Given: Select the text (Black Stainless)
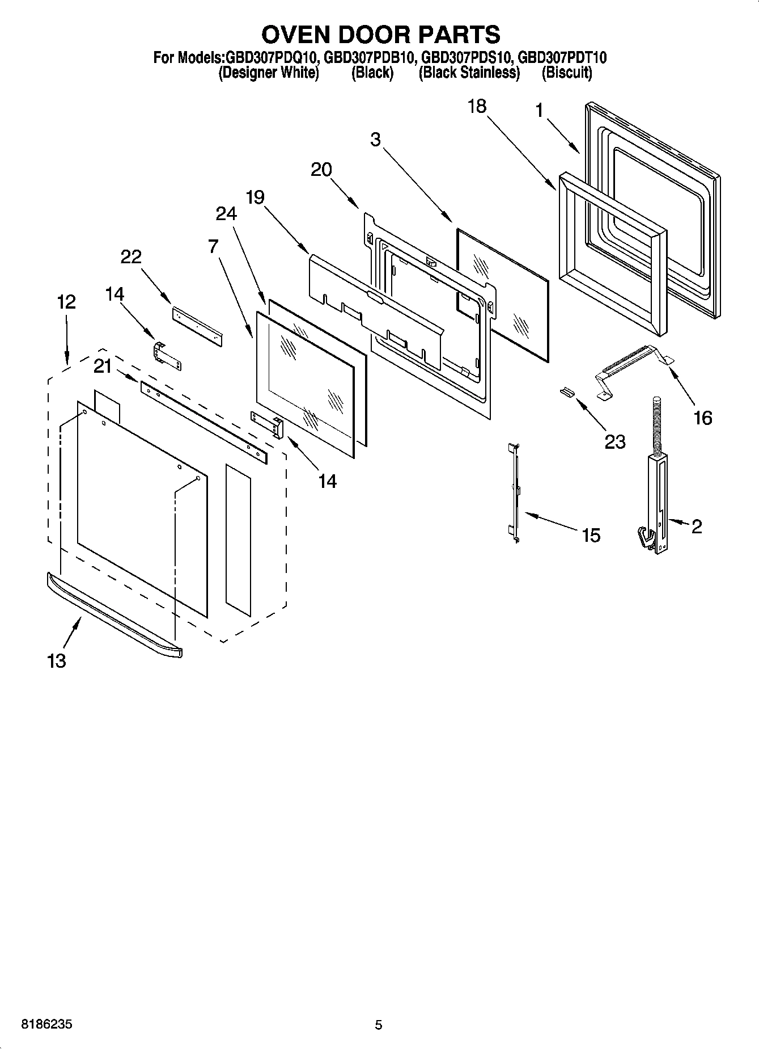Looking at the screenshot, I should (469, 73).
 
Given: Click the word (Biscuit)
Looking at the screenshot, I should (567, 73).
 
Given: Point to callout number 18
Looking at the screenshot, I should (477, 106).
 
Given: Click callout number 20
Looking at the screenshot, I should (321, 170).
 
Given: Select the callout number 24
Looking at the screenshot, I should (226, 213).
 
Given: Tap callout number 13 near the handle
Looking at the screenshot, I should (57, 661).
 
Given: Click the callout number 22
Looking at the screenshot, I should (130, 257).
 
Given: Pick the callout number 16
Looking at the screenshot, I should (702, 418).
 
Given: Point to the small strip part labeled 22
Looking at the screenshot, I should (197, 327).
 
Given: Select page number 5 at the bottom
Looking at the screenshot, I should (379, 1025).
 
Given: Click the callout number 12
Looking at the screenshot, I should (66, 302).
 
